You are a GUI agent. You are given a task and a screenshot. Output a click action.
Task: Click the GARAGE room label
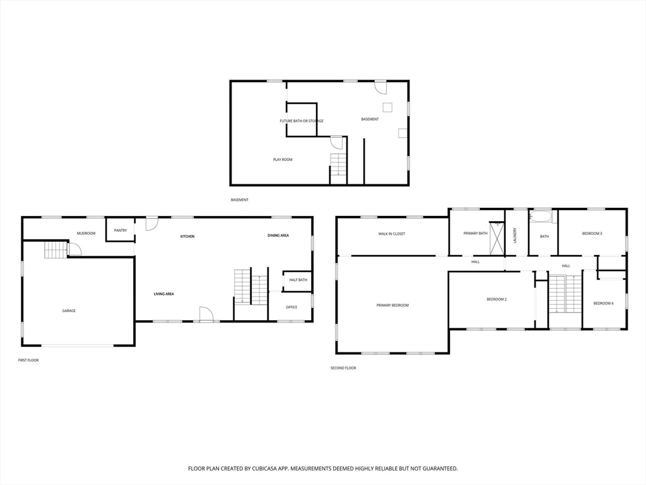pos(69,311)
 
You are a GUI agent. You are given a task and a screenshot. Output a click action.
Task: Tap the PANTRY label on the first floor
pos(120,231)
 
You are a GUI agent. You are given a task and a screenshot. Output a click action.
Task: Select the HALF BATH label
pos(298,280)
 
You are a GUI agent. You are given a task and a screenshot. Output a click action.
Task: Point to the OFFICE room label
pos(291,308)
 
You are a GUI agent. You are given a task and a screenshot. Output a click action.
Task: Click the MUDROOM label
pos(86,234)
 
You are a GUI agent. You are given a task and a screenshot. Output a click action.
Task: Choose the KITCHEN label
pos(187,236)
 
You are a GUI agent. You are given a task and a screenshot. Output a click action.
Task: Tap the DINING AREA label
pos(278,236)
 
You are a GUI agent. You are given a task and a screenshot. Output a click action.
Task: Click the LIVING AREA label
pos(164,294)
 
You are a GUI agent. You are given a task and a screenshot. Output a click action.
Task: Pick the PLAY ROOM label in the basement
pos(283,160)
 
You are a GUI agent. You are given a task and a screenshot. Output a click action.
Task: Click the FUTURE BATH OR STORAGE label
pos(302,121)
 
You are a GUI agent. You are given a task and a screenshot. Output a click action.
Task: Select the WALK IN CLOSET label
pos(392,234)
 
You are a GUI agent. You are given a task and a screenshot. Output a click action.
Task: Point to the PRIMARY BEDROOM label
pos(392,306)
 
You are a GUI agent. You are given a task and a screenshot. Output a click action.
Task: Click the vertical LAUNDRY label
pos(515,236)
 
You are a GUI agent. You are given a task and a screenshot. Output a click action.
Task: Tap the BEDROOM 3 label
pos(592,234)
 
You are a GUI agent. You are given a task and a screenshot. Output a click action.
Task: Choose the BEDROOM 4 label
pos(604,304)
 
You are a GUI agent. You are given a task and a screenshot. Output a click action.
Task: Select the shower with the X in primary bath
pos(496,238)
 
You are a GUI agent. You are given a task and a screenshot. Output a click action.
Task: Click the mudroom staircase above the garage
pos(56,250)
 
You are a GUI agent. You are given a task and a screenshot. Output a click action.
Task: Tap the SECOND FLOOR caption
pos(343,368)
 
